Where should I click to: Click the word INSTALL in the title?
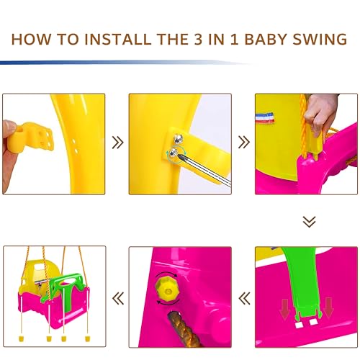coord(117,39)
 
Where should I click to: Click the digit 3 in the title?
coord(198,39)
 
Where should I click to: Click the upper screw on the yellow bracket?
coord(179,138)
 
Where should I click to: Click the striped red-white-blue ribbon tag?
coord(264,117)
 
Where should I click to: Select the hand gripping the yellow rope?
coord(321,114)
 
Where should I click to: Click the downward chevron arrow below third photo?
coord(309,222)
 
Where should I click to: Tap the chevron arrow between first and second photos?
coord(117,143)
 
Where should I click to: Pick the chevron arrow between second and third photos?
coord(244,142)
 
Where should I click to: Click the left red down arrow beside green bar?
coord(284,309)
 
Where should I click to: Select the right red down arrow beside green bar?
coord(328,307)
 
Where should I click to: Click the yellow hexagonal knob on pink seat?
coord(167,290)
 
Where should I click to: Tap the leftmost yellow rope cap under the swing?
coord(22,338)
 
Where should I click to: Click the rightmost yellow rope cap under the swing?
coord(88,339)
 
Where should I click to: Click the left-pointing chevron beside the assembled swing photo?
coord(118,298)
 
